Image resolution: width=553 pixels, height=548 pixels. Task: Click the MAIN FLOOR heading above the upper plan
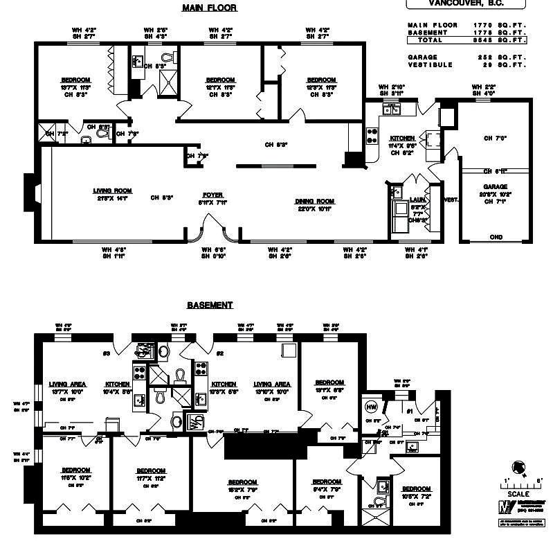(x=209, y=8)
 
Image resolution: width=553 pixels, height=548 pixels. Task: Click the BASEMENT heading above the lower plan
(x=210, y=305)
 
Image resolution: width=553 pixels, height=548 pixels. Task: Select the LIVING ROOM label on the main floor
(x=113, y=191)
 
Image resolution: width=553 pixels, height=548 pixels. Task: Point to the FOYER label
(x=212, y=195)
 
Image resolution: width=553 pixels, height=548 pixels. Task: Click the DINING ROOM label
(x=316, y=202)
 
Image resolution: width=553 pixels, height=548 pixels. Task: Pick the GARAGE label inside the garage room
(x=496, y=187)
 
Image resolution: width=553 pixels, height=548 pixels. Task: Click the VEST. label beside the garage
(x=451, y=200)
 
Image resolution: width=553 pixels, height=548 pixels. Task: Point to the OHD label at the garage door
(x=496, y=237)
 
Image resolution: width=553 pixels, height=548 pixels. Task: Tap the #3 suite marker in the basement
(x=106, y=354)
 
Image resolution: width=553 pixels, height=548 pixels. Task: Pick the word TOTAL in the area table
(x=430, y=40)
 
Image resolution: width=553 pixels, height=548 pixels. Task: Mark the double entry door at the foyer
(x=212, y=229)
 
